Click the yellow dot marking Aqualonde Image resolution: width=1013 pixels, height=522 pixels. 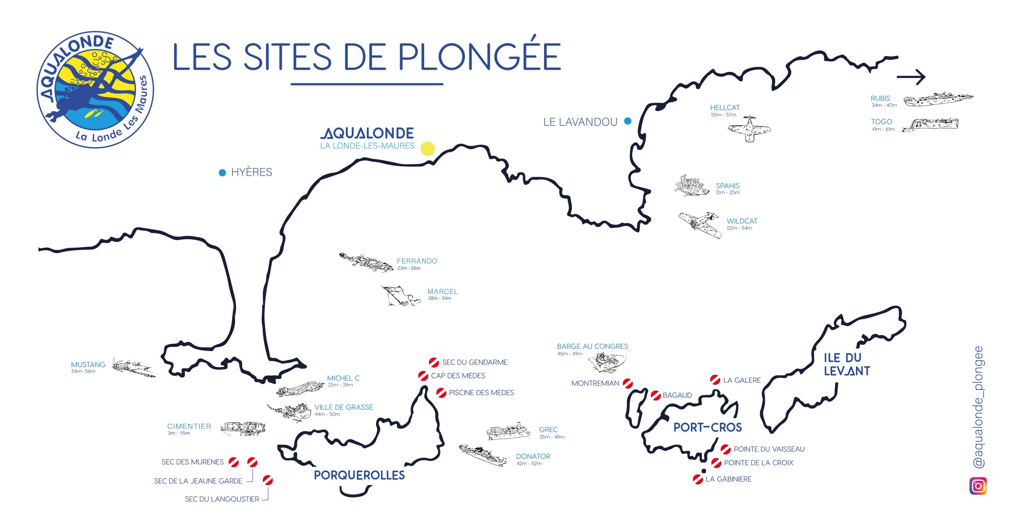[427, 149]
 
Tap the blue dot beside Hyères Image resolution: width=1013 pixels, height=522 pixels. [222, 172]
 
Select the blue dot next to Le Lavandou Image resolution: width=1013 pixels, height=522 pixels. [628, 121]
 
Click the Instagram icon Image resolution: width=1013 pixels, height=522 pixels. [978, 486]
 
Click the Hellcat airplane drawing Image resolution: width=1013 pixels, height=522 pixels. [749, 129]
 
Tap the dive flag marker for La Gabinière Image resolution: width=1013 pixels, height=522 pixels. [698, 479]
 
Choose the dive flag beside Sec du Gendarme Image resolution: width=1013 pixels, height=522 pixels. [434, 362]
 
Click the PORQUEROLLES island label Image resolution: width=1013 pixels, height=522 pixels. [359, 475]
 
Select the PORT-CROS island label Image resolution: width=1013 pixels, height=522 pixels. [708, 427]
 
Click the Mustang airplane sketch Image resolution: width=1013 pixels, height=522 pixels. [133, 368]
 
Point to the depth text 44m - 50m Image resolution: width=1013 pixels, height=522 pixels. [327, 414]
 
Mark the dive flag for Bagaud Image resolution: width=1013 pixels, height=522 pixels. [656, 395]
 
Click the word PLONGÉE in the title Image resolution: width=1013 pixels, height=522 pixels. [479, 57]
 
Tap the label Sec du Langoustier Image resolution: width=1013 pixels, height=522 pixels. [222, 499]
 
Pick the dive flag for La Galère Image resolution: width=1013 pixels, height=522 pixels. [715, 380]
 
